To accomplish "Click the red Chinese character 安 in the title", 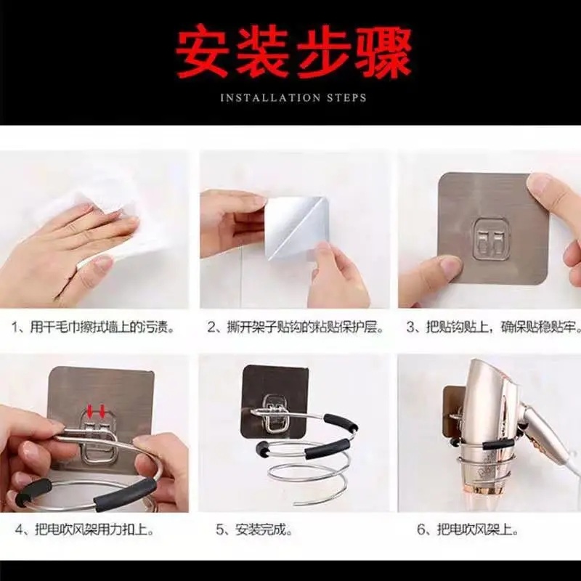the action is [x=203, y=51].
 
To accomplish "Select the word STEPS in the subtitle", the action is [x=346, y=98].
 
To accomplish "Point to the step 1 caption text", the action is [x=93, y=328].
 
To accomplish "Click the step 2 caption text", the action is [x=296, y=328].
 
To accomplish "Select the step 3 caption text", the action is [x=494, y=328].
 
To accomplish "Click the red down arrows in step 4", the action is [x=96, y=410].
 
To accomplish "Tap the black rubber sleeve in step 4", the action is [x=125, y=494].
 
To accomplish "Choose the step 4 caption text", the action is [x=84, y=530].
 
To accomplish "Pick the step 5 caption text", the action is [x=254, y=530].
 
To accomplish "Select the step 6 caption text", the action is [x=467, y=530].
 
